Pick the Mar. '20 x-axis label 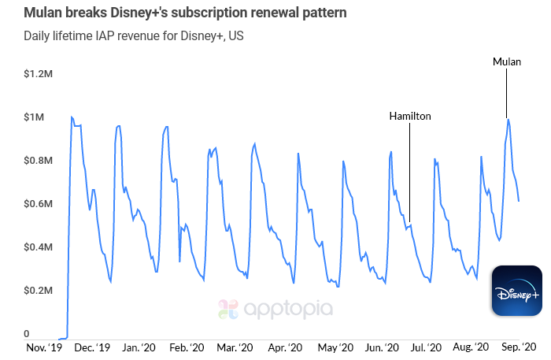coord(235,347)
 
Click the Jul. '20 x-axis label coord(430,347)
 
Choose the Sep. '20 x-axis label coord(520,347)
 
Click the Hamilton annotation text coord(410,116)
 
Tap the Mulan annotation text coord(506,61)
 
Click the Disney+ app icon coord(516,292)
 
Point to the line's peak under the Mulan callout coord(508,120)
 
